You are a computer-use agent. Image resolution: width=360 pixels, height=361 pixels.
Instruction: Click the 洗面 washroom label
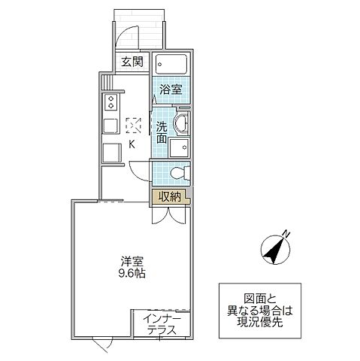pyautogui.click(x=162, y=133)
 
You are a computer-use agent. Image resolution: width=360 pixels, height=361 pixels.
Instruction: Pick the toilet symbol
pyautogui.click(x=177, y=173)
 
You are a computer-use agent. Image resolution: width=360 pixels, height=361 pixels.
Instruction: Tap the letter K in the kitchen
pyautogui.click(x=132, y=144)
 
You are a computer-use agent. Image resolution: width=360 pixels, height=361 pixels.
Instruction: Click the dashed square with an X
pyautogui.click(x=133, y=123)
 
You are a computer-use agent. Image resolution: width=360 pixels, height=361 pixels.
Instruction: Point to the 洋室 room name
pyautogui.click(x=132, y=261)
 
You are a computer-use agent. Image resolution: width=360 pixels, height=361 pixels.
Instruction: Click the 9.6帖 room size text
pyautogui.click(x=132, y=274)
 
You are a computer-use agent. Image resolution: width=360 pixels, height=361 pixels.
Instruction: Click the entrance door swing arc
pyautogui.click(x=128, y=36)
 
